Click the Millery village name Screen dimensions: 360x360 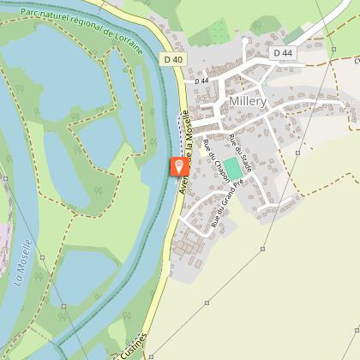(x=248, y=100)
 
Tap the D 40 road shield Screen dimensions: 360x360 (x=172, y=58)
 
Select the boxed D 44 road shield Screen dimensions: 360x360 (x=283, y=53)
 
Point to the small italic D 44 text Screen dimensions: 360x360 (x=201, y=81)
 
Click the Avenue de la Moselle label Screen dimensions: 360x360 (x=183, y=178)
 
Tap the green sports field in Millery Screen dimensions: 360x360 (x=233, y=168)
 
